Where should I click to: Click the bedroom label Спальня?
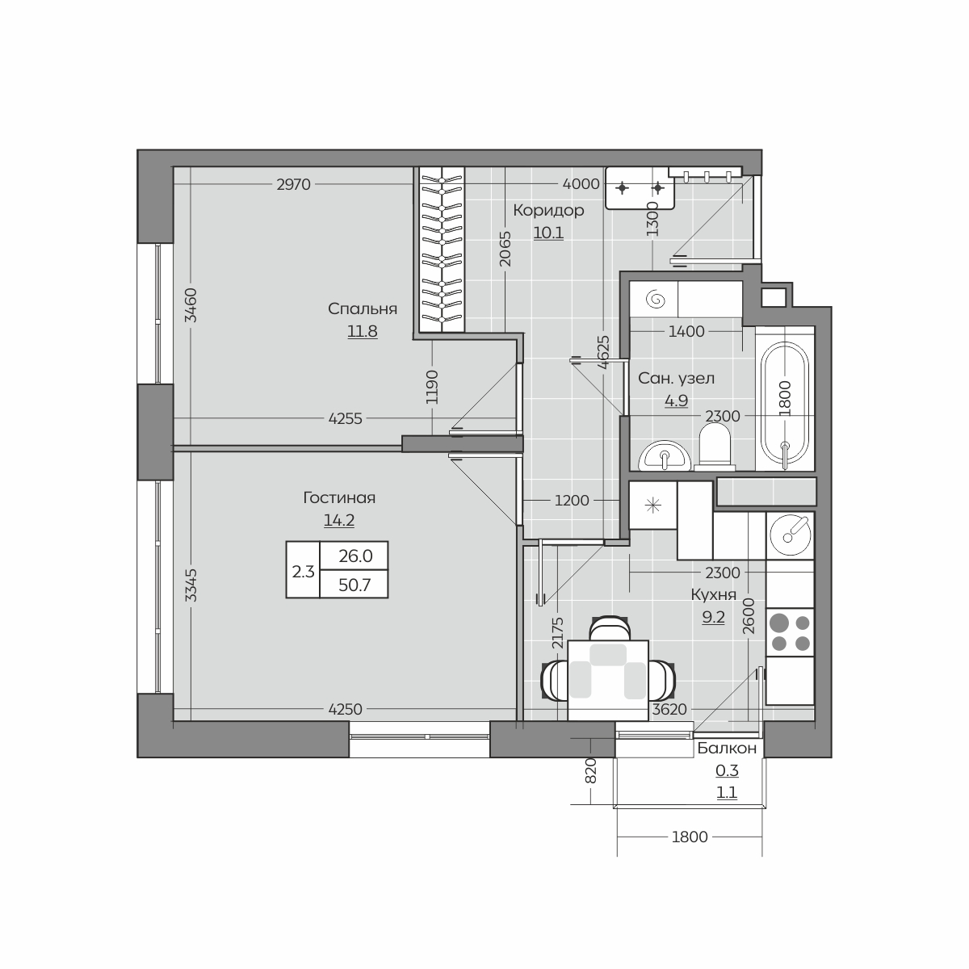click(362, 308)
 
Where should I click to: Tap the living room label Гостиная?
click(339, 498)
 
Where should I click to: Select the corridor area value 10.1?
click(548, 233)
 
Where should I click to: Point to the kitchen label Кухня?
click(713, 595)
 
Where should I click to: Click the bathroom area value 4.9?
click(676, 401)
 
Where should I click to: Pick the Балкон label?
click(727, 749)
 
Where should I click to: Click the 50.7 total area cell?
click(354, 585)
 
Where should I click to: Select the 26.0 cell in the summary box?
click(355, 556)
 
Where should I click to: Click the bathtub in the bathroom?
click(784, 400)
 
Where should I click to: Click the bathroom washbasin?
click(665, 455)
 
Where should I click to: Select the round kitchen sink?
click(790, 535)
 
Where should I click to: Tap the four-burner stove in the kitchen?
click(790, 632)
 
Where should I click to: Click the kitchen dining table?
click(608, 681)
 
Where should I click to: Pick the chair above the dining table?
click(609, 628)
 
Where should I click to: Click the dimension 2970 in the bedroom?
click(294, 185)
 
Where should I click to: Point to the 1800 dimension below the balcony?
click(690, 837)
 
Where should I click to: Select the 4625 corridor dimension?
click(604, 353)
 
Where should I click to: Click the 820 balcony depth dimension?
click(591, 770)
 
